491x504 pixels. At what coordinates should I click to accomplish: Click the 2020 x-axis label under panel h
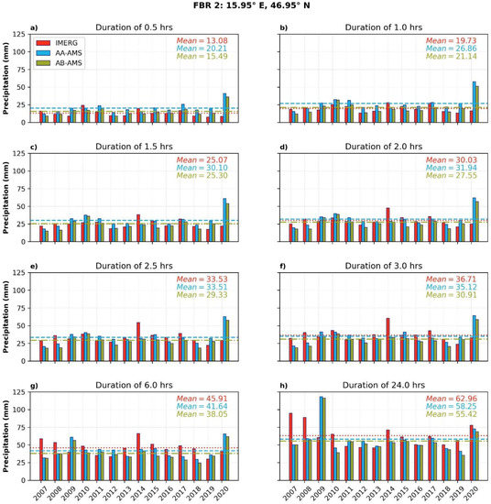pyautogui.click(x=475, y=486)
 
